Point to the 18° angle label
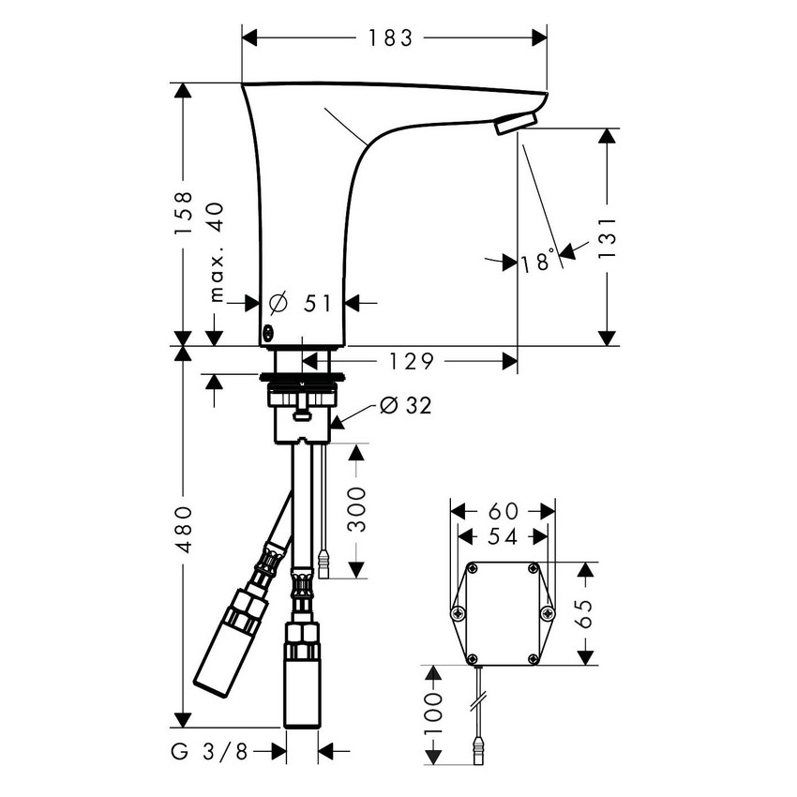[x=539, y=263]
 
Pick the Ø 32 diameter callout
[x=406, y=405]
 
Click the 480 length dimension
[x=185, y=530]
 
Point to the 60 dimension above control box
[x=503, y=511]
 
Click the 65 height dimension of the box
[x=584, y=614]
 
